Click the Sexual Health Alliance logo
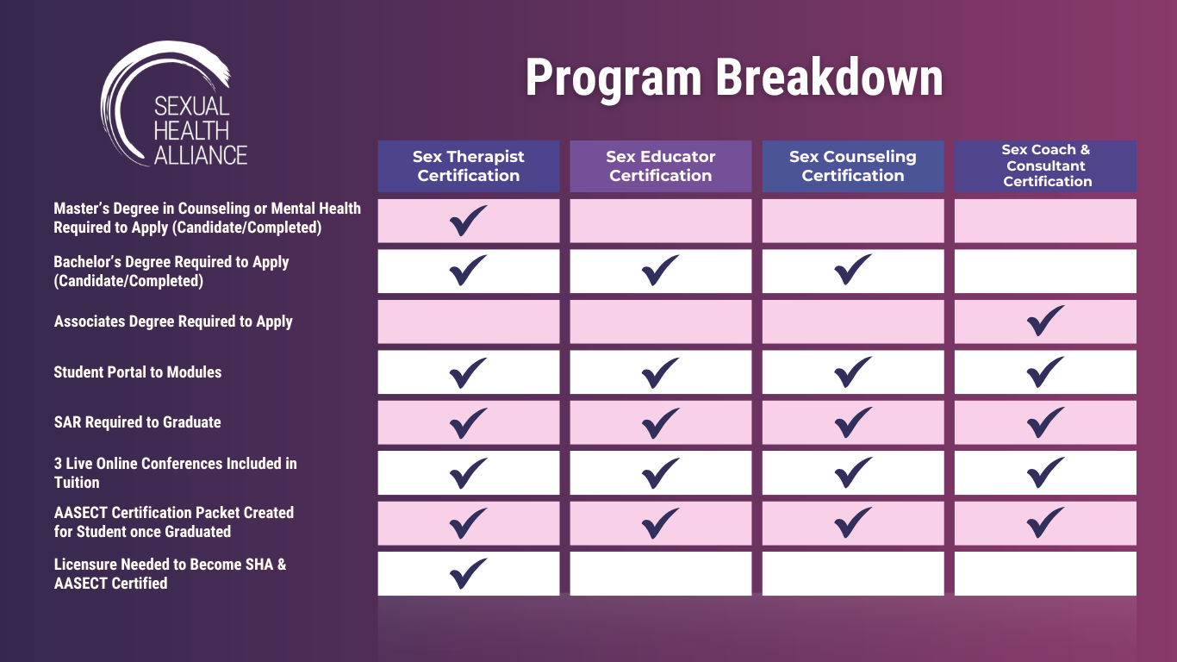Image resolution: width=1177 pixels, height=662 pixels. (173, 104)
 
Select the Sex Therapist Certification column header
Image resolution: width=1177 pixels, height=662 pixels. (468, 166)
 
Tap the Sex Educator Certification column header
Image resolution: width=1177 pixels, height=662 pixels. (661, 166)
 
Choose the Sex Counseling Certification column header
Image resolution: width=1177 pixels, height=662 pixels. (853, 166)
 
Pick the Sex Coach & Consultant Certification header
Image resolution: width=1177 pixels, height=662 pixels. (1045, 166)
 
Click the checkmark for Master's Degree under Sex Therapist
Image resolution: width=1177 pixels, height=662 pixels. (468, 221)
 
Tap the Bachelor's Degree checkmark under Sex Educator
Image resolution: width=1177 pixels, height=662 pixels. (660, 271)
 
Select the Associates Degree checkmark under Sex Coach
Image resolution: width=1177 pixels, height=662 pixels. (1045, 321)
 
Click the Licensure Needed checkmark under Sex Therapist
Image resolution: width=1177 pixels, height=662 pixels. (468, 574)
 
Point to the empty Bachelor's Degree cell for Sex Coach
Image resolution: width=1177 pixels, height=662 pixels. (1045, 272)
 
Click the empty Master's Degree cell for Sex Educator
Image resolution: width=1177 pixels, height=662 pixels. (661, 221)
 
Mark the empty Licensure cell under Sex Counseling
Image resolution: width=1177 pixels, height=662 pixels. (853, 574)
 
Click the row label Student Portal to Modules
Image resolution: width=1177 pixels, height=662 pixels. (138, 372)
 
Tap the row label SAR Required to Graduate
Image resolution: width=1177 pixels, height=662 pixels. (138, 422)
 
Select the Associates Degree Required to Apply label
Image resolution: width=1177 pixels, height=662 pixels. (173, 322)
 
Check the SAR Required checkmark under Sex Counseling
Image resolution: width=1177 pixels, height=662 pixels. (853, 422)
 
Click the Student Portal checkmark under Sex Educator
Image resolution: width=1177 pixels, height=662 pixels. (660, 372)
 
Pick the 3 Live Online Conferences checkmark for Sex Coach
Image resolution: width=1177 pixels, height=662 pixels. (1045, 472)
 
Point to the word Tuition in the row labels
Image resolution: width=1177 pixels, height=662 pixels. (77, 483)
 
